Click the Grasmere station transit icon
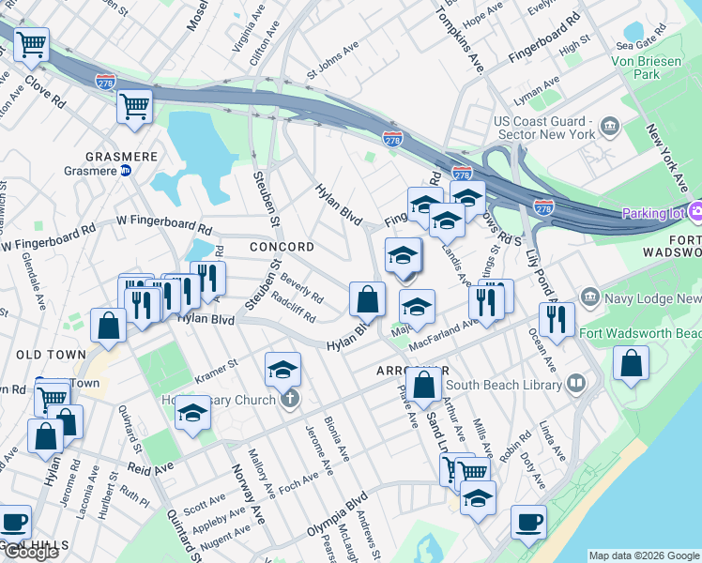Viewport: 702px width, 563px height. tap(125, 171)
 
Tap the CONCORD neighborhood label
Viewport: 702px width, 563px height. tap(282, 247)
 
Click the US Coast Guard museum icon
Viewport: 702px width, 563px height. tap(610, 127)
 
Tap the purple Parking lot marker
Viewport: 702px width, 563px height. tap(695, 213)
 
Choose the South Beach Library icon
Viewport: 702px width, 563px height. tap(575, 383)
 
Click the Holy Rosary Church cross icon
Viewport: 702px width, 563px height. tap(290, 400)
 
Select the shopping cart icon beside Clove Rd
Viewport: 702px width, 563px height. tap(31, 43)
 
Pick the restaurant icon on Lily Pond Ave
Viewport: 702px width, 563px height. tap(557, 320)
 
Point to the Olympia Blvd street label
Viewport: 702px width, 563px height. tap(337, 515)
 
